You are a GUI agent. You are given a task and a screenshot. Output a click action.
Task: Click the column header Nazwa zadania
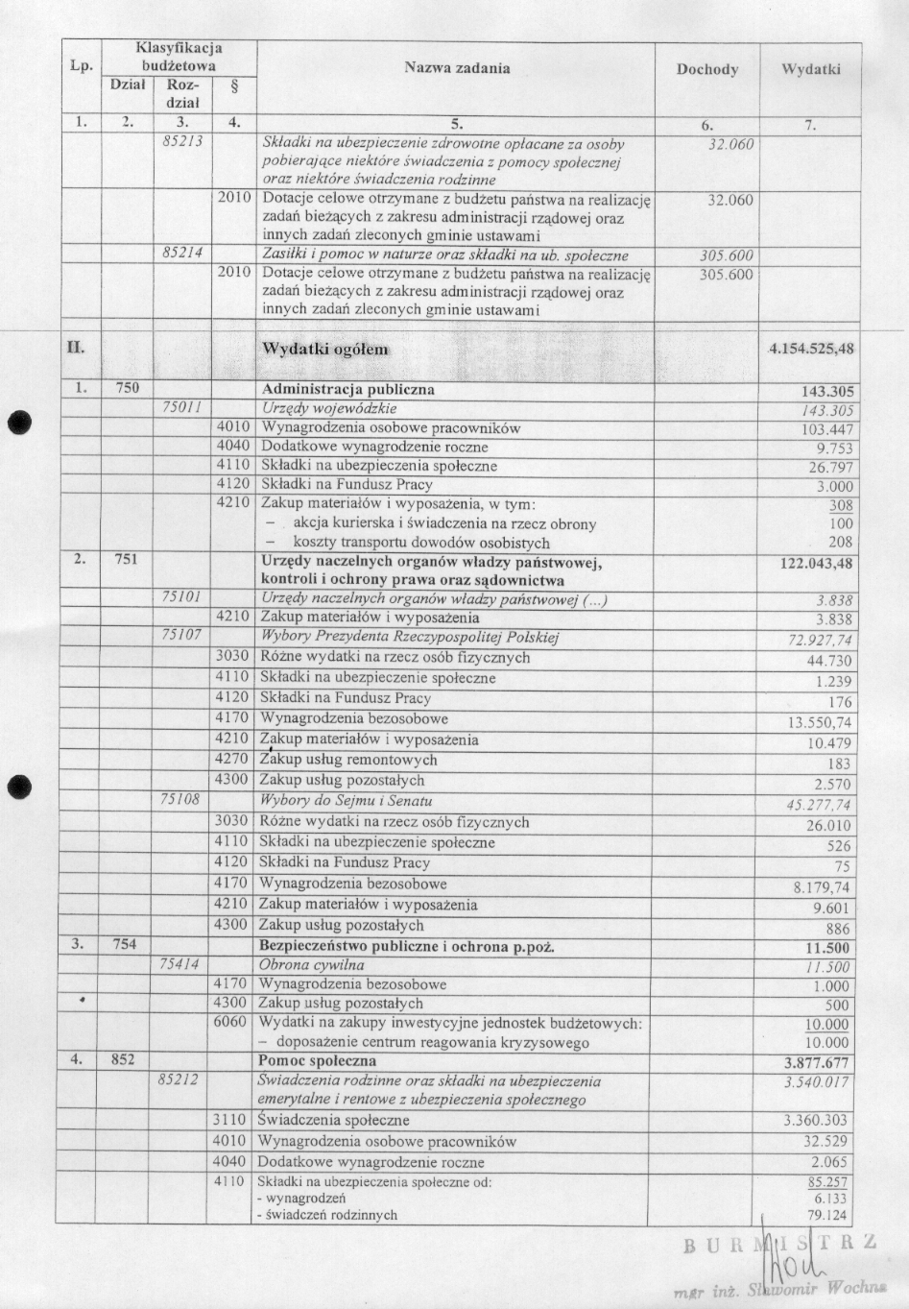(x=456, y=68)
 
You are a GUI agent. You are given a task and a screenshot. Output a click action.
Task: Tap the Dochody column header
(x=706, y=69)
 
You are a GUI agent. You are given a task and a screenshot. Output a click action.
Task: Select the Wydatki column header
(x=810, y=69)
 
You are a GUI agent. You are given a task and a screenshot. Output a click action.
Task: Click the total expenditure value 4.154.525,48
(x=811, y=350)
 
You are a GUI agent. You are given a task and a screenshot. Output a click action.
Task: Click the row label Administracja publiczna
(x=347, y=390)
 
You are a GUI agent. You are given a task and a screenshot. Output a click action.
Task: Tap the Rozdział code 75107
(x=180, y=636)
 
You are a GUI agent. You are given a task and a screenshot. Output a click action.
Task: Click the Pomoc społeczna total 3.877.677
(x=816, y=1063)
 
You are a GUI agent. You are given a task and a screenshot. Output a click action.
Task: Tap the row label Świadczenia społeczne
(x=333, y=1121)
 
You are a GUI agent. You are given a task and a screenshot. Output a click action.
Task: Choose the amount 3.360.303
(x=816, y=1121)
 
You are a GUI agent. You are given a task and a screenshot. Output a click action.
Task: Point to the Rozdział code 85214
(x=180, y=255)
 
